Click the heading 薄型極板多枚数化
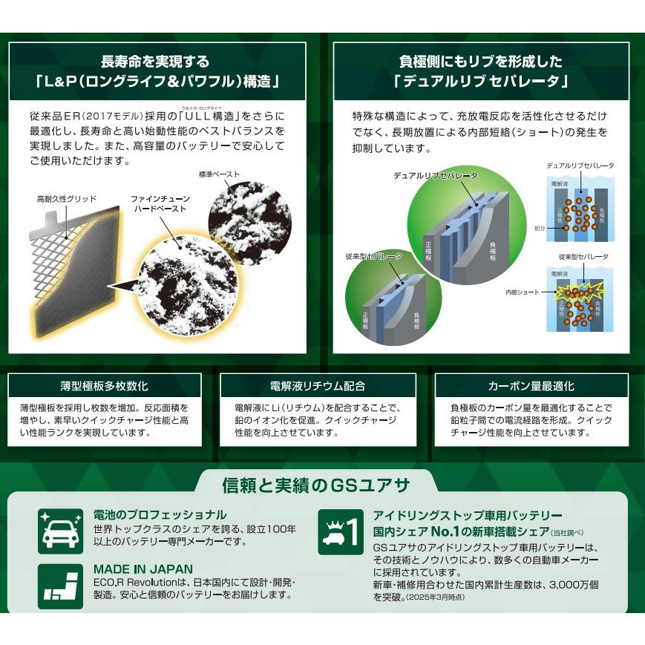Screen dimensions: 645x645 [x=104, y=386]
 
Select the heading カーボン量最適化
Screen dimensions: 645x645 [x=531, y=386]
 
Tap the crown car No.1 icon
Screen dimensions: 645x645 [x=341, y=531]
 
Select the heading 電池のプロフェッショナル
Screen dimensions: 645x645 [x=160, y=514]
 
